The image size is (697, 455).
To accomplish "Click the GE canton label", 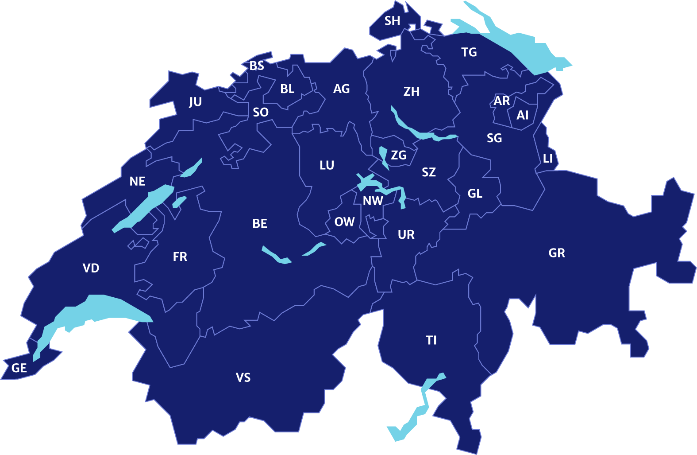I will click(x=19, y=368).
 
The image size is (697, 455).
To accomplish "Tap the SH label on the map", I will click(x=392, y=21).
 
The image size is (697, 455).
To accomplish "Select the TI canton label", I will click(x=431, y=340).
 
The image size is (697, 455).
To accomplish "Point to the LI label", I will click(x=548, y=158).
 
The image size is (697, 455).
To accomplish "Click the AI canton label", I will click(x=523, y=115).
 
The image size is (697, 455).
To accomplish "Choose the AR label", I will click(x=502, y=101).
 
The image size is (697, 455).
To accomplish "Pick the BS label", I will click(x=257, y=66).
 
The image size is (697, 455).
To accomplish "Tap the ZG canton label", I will click(x=399, y=155).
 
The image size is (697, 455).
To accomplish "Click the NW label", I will click(x=373, y=201).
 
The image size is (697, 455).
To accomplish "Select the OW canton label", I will click(x=344, y=222).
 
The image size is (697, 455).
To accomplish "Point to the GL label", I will click(x=475, y=194).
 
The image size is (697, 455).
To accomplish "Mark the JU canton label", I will click(x=195, y=102).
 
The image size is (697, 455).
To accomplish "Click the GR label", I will click(x=557, y=253).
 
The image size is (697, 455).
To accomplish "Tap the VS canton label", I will click(x=243, y=377).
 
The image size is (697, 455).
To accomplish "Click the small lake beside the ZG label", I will click(x=383, y=156).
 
